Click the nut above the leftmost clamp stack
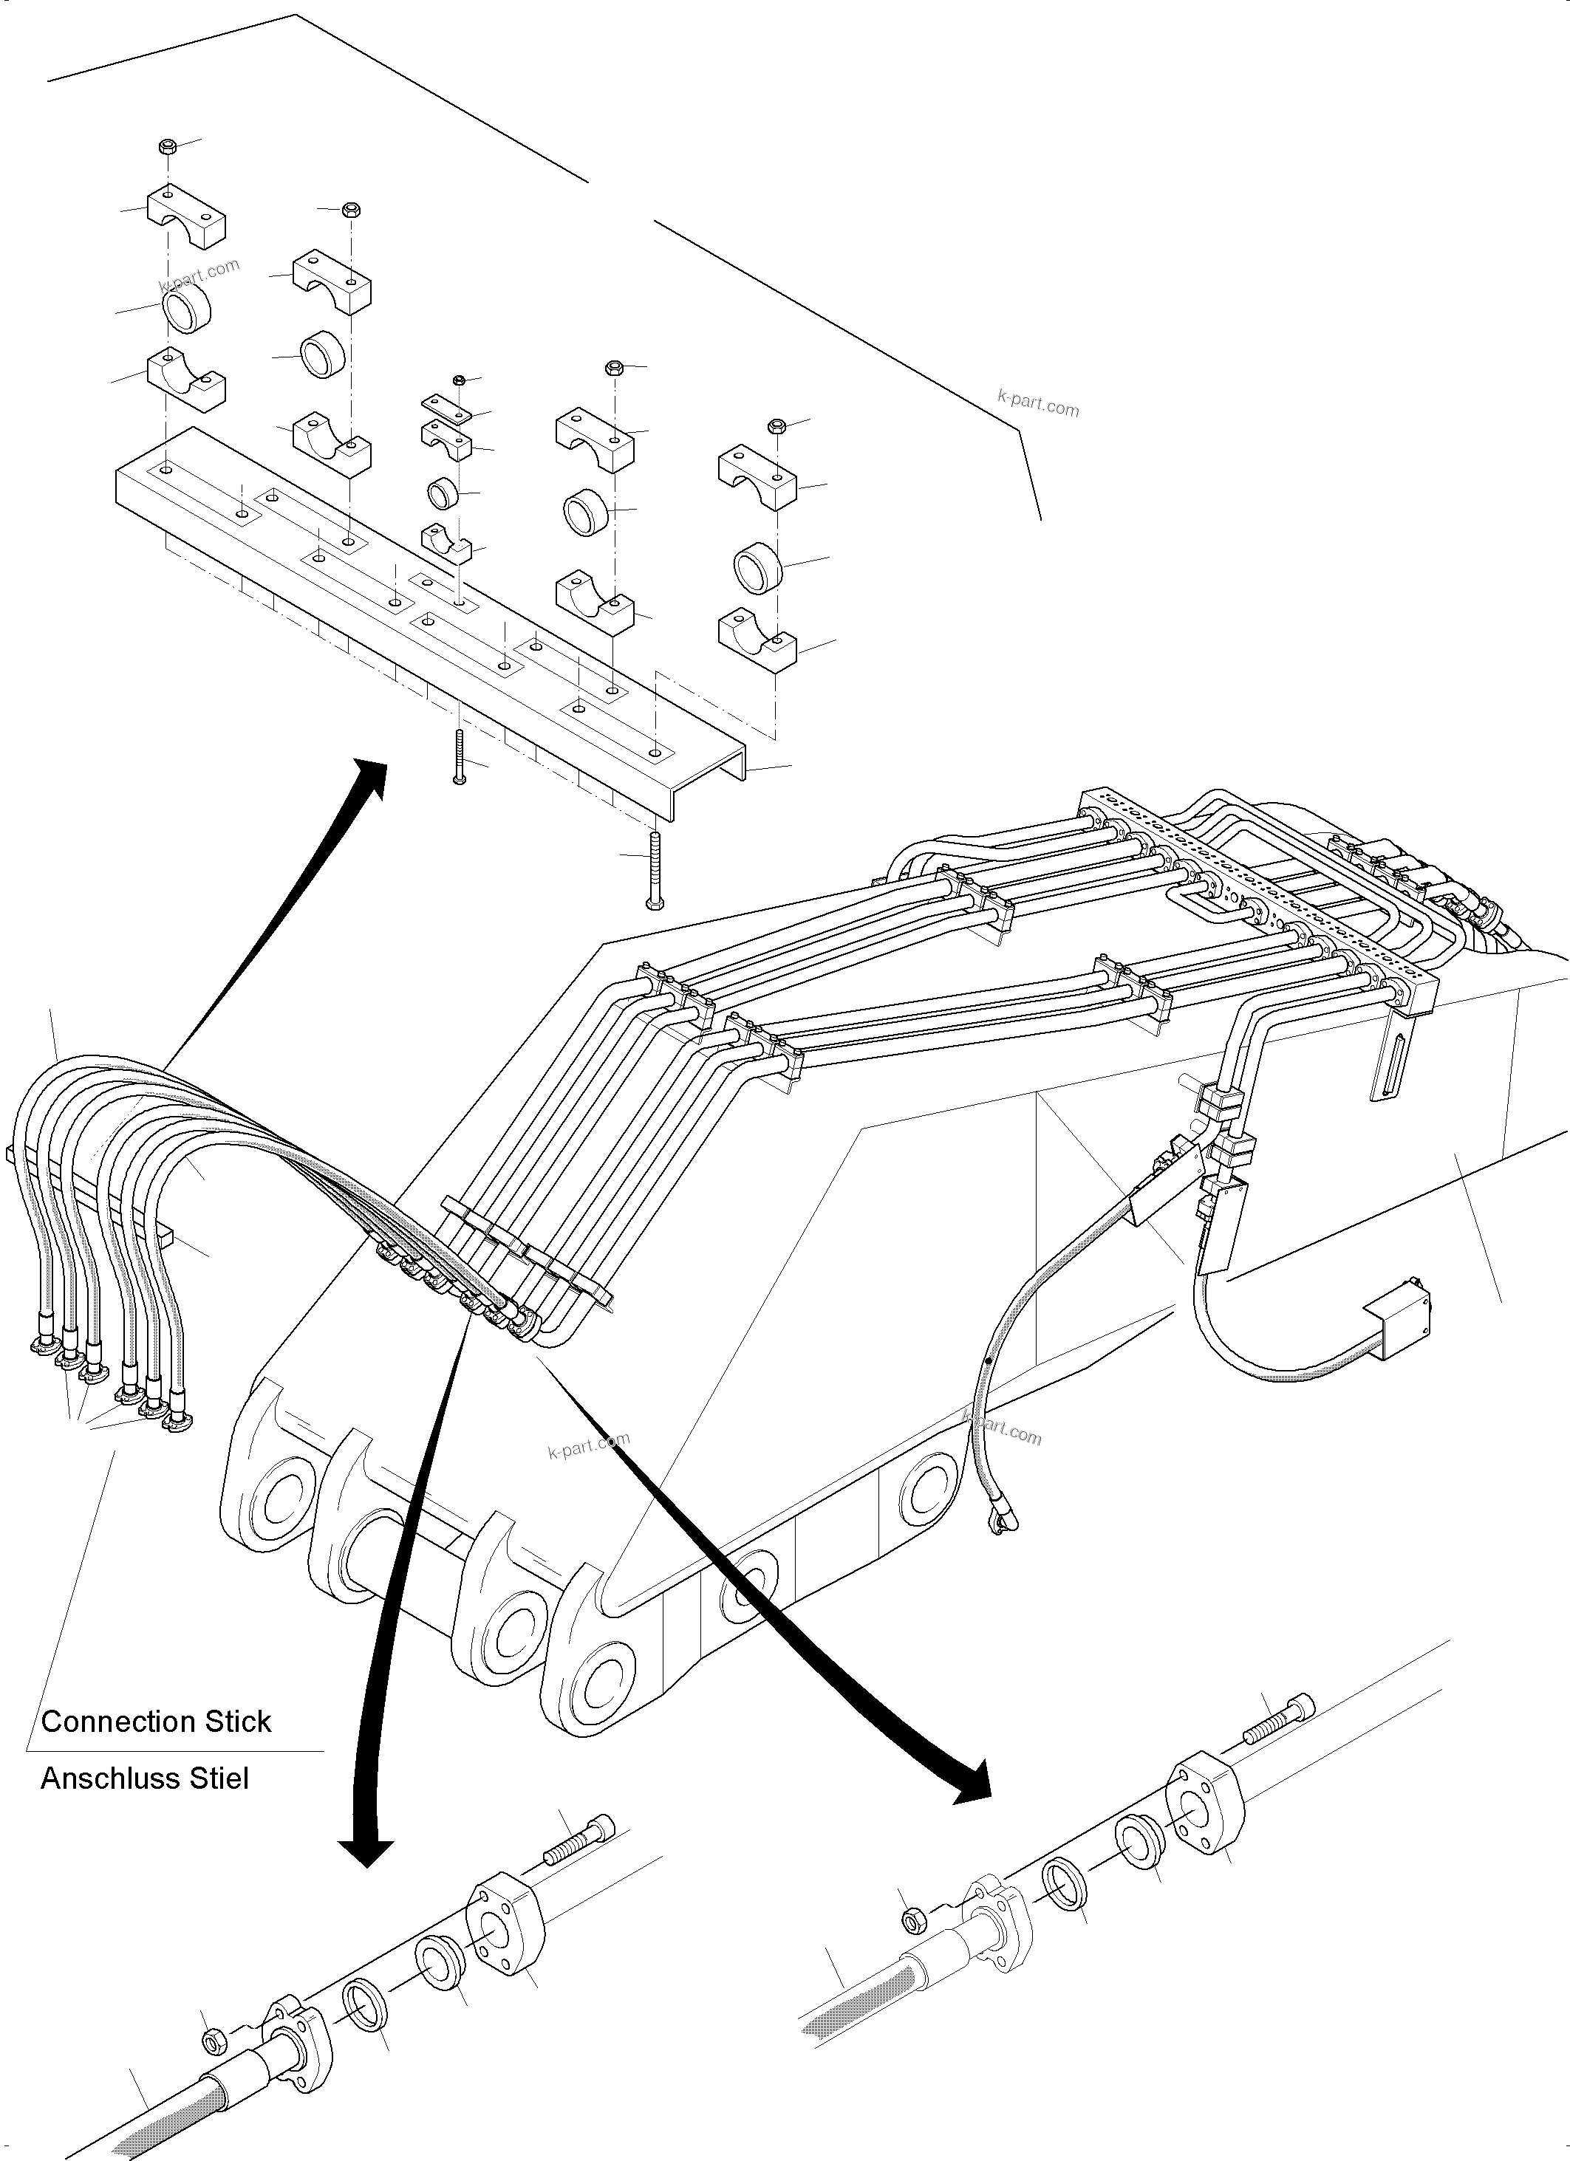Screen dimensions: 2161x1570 [x=165, y=147]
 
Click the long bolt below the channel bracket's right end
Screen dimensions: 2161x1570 [x=654, y=869]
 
